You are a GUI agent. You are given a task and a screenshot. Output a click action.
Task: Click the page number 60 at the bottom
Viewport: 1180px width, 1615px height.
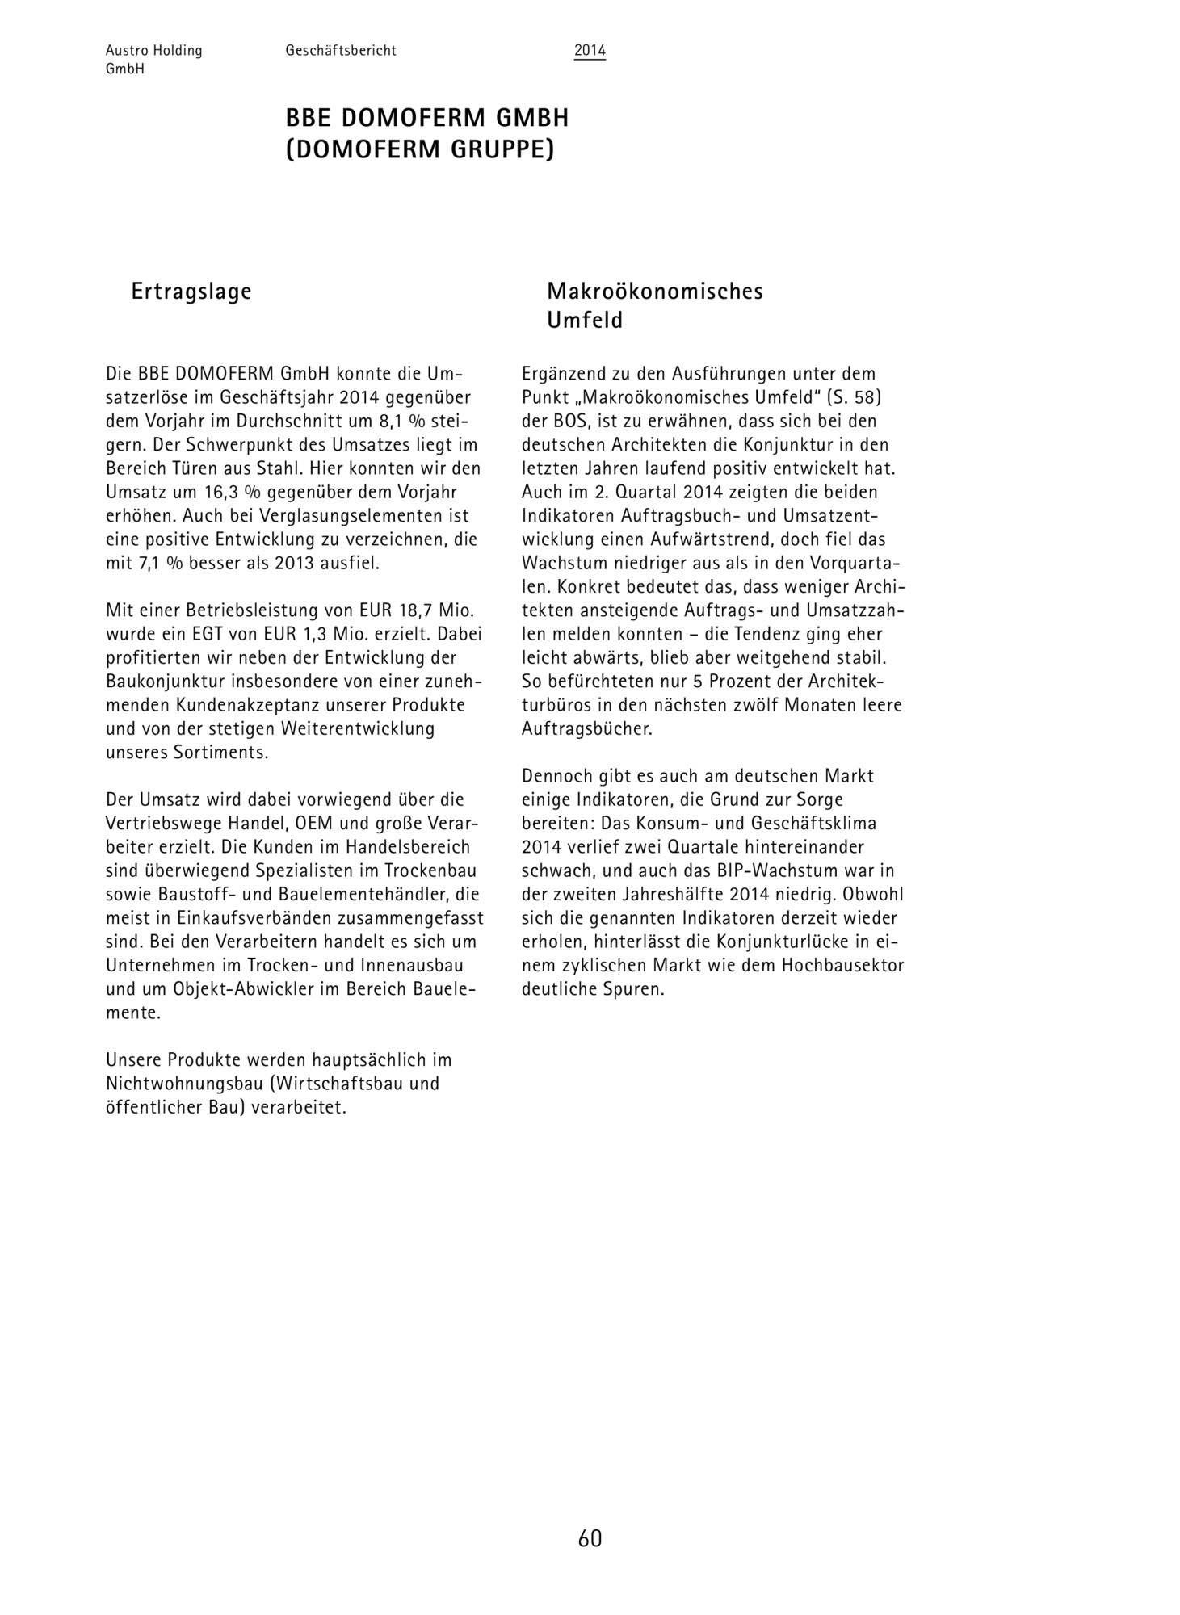[590, 1538]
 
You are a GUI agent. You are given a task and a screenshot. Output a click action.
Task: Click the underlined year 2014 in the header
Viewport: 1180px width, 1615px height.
[590, 51]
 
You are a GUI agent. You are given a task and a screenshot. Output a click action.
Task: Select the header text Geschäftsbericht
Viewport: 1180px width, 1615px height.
[340, 51]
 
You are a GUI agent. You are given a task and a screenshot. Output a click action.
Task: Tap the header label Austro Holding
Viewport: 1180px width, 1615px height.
[153, 51]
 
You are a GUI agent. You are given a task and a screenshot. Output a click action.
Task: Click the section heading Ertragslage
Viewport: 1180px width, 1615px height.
[191, 291]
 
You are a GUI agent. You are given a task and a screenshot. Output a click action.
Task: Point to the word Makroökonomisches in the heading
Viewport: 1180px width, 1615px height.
[654, 291]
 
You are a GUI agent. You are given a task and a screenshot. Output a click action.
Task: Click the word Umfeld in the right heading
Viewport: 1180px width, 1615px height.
[585, 321]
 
